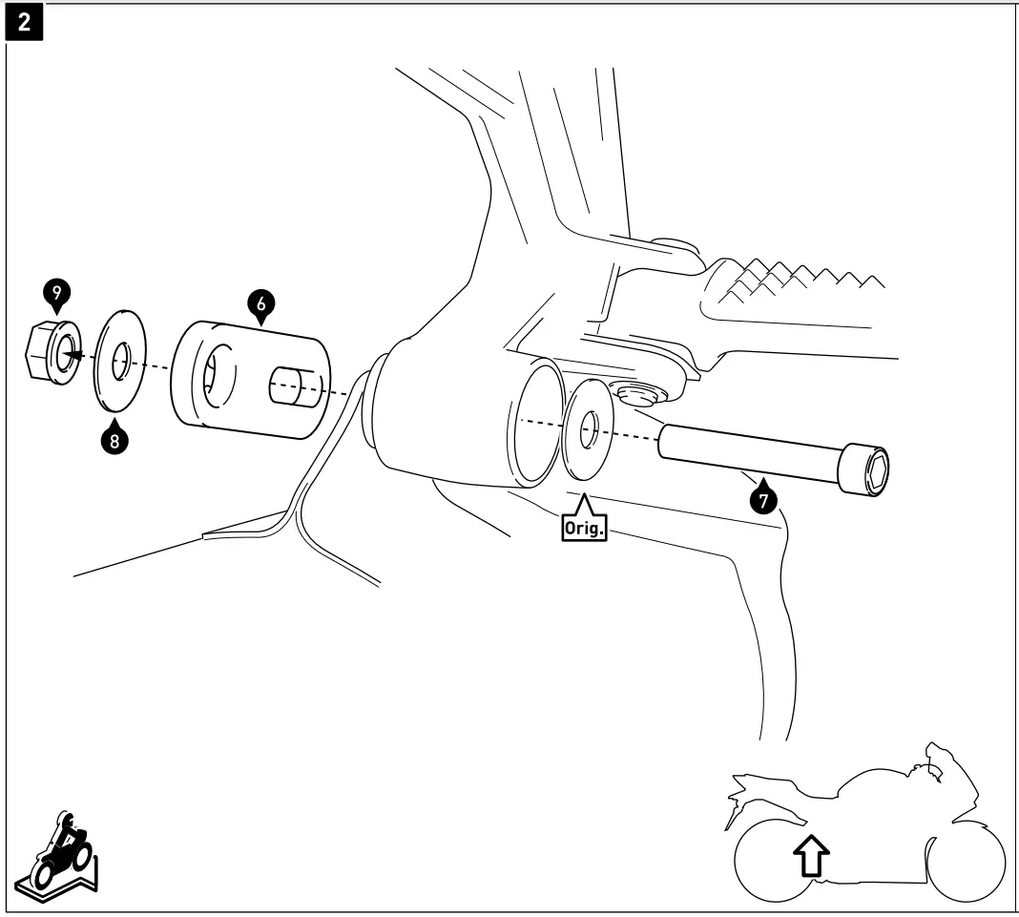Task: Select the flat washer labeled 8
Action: coord(120,361)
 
